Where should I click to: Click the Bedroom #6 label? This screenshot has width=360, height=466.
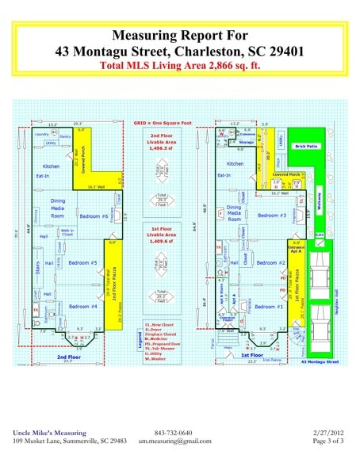(x=94, y=216)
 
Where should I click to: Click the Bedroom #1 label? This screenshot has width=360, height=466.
(x=270, y=306)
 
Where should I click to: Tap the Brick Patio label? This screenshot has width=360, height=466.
(x=306, y=147)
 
